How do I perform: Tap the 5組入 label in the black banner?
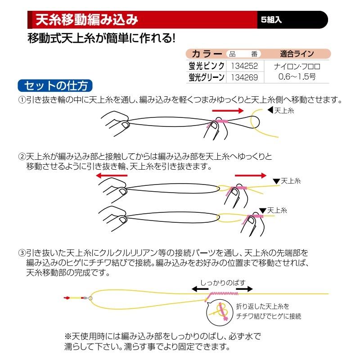[271, 21]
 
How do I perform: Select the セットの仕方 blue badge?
[55, 85]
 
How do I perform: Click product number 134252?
[244, 66]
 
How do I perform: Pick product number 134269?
[244, 77]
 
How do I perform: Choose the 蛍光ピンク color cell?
[207, 66]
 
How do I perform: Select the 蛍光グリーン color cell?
[207, 77]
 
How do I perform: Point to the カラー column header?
[207, 53]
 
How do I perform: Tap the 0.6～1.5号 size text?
[297, 77]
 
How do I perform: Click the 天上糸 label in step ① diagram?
[283, 110]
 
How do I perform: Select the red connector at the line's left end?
[67, 297]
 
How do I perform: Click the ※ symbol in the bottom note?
[68, 337]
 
